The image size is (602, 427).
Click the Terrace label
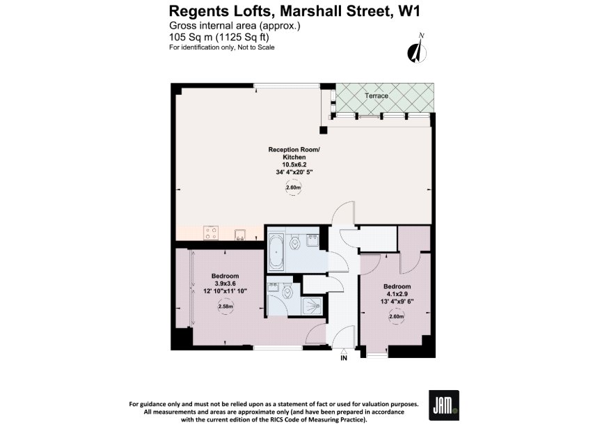[377, 95]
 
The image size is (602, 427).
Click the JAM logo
[444, 405]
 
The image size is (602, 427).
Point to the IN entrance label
[344, 358]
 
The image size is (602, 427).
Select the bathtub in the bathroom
[276, 251]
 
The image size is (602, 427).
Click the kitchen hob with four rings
[211, 233]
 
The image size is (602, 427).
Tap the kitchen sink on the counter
[241, 234]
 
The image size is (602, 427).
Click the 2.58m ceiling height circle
[225, 306]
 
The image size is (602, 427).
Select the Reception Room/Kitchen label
[294, 153]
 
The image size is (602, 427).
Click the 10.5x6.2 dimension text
[294, 164]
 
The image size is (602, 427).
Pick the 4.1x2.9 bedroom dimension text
[397, 294]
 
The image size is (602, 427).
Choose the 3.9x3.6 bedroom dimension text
[225, 284]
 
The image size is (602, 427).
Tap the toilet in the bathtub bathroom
[295, 242]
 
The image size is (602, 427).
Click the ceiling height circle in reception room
[293, 188]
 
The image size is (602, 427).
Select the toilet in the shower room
[287, 292]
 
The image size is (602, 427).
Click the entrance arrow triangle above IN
[344, 351]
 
